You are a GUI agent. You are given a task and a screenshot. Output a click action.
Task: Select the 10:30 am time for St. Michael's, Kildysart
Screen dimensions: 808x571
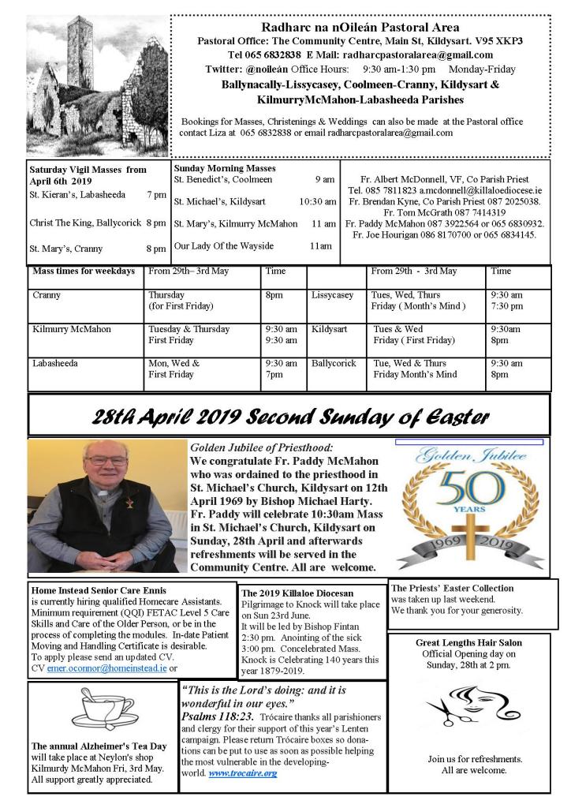coord(318,202)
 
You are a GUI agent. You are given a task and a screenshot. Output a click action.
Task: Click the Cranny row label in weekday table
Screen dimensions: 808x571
coord(47,295)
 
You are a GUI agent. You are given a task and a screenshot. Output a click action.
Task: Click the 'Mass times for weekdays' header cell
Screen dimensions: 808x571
coord(84,271)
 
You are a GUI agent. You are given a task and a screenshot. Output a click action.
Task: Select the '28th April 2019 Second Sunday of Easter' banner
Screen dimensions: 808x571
coord(289,416)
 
